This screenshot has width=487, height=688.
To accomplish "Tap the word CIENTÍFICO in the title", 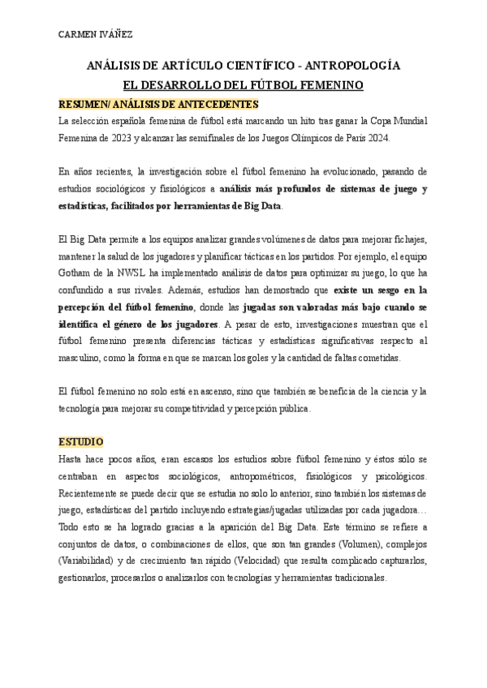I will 252,66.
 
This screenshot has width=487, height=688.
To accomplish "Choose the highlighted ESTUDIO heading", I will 81,442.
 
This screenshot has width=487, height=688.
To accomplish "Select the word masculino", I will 83,358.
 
